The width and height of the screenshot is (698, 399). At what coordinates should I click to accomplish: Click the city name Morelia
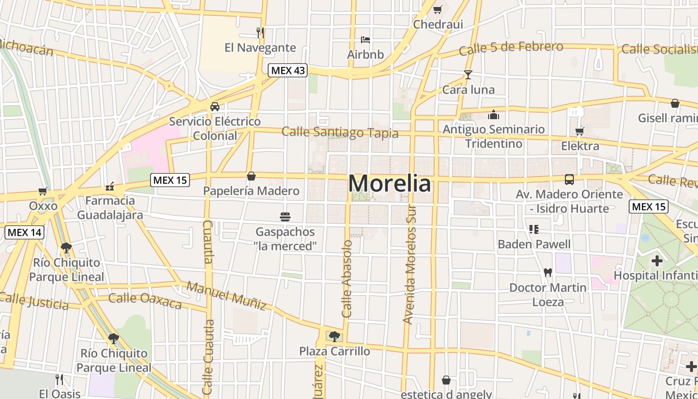pos(389,184)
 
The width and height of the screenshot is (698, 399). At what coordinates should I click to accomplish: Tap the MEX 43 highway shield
pos(288,70)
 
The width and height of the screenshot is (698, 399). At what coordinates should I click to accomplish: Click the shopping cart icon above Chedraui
pos(438,9)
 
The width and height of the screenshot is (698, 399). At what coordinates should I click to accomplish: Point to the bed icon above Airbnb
pos(365,39)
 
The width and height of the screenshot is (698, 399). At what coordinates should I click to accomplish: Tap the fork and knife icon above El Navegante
pos(260,33)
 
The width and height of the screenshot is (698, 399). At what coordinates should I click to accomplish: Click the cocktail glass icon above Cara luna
pos(468,75)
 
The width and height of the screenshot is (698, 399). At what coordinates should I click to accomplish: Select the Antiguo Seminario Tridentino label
pos(494,136)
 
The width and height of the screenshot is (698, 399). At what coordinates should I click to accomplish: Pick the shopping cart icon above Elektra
pos(579,131)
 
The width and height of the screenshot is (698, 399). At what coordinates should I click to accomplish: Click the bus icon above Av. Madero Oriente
pos(569,180)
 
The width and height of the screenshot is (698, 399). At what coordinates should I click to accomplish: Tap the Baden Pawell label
pos(534,244)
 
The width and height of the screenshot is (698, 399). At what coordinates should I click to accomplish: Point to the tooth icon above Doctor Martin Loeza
pos(547,273)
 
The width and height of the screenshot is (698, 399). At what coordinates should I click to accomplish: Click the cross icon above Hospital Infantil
pos(657,260)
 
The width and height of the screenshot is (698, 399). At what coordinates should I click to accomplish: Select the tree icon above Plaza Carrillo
pos(334,336)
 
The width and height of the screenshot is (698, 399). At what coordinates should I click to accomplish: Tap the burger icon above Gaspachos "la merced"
pos(285,217)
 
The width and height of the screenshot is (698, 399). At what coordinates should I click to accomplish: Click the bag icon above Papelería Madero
pos(251,176)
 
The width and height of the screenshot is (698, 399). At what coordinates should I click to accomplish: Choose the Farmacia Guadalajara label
pos(110,207)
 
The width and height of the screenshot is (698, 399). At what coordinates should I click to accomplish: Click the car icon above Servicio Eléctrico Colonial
pos(214,107)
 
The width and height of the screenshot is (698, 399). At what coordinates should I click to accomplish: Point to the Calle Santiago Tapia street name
pos(340,133)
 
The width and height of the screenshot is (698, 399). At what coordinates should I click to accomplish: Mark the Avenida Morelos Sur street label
pos(410,264)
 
